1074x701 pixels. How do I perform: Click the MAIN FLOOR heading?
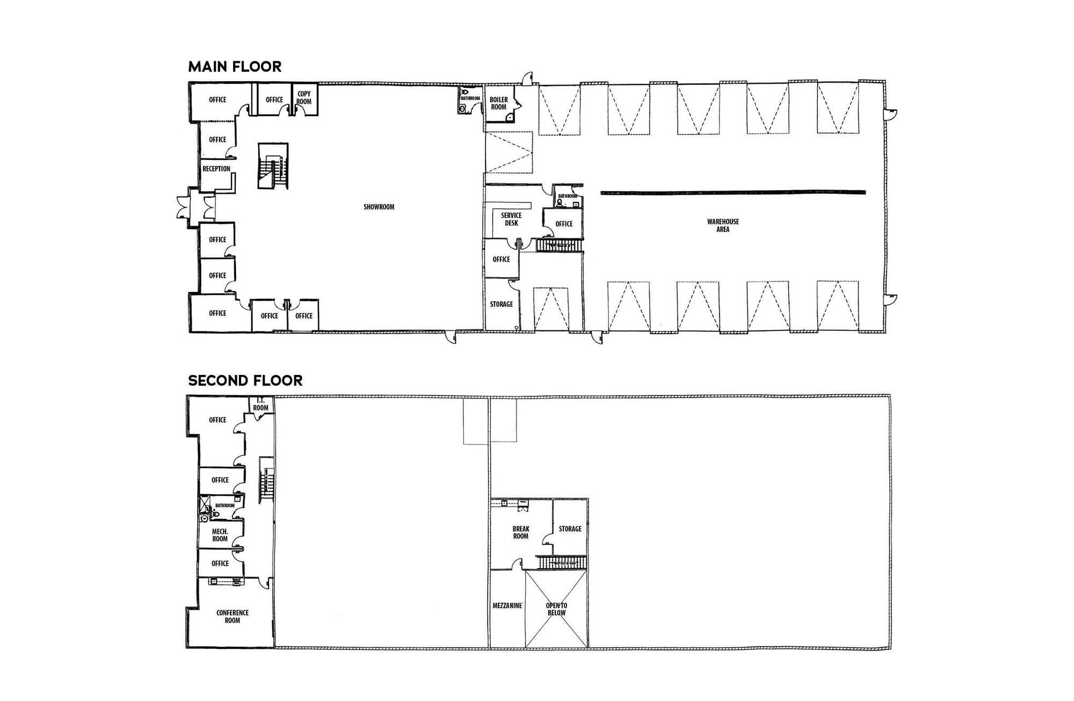pyautogui.click(x=235, y=67)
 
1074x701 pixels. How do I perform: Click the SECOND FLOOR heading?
pyautogui.click(x=245, y=380)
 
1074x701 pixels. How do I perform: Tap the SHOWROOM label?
pyautogui.click(x=379, y=207)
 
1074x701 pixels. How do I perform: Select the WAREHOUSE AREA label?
pyautogui.click(x=723, y=225)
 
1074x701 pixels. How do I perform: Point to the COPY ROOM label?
pyautogui.click(x=304, y=97)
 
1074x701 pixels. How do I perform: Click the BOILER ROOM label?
pyautogui.click(x=499, y=103)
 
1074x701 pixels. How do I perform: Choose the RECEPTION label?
pyautogui.click(x=216, y=169)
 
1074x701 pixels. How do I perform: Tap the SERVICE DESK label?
pyautogui.click(x=511, y=219)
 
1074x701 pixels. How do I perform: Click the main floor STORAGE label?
pyautogui.click(x=502, y=304)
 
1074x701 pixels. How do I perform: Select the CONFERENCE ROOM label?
pyautogui.click(x=233, y=617)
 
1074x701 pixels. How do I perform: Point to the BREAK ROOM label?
pyautogui.click(x=521, y=532)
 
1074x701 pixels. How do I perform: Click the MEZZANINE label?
pyautogui.click(x=507, y=605)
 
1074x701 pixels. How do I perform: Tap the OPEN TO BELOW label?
pyautogui.click(x=557, y=609)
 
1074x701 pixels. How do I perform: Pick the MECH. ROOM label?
pyautogui.click(x=220, y=535)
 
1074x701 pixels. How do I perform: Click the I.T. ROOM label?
pyautogui.click(x=260, y=404)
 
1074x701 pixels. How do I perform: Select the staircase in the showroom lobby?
pyautogui.click(x=273, y=166)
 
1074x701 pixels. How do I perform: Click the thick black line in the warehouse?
pyautogui.click(x=734, y=191)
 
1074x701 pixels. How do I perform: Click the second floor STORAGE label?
pyautogui.click(x=570, y=529)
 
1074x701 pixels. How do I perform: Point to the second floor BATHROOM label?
pyautogui.click(x=225, y=505)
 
